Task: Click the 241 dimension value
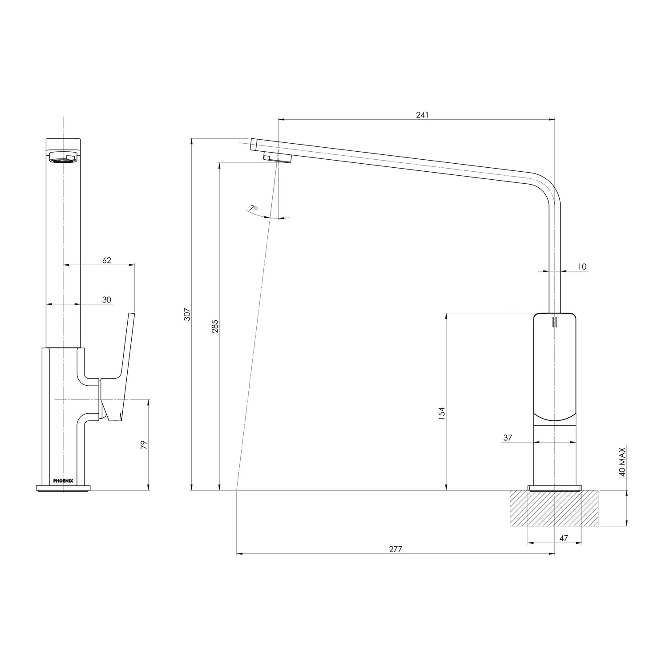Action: (422, 115)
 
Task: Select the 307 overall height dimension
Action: (187, 314)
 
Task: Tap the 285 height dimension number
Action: (215, 326)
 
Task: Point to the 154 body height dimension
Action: (441, 414)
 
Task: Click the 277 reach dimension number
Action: (396, 549)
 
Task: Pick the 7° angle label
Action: (253, 208)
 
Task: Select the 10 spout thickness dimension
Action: (582, 267)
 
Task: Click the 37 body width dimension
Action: (507, 438)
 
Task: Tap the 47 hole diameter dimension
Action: (563, 538)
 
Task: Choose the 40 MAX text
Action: (622, 462)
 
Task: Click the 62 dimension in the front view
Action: (107, 260)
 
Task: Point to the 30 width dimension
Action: (107, 300)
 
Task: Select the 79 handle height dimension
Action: (144, 445)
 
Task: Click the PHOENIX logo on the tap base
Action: (63, 480)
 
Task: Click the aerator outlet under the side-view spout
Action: (277, 157)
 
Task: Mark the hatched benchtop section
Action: (554, 508)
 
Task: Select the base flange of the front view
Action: (63, 488)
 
